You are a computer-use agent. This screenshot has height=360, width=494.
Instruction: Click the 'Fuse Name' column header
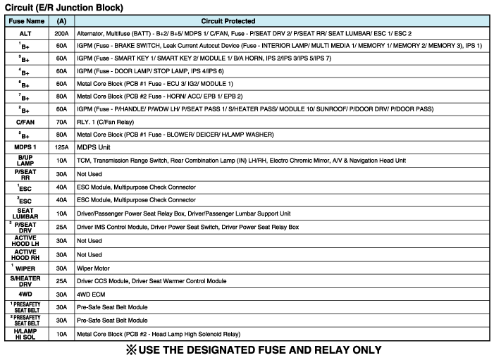(x=25, y=21)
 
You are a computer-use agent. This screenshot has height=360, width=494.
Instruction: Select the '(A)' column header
(x=61, y=21)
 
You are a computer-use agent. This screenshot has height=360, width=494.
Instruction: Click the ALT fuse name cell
(x=25, y=33)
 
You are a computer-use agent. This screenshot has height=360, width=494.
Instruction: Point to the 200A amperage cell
(x=61, y=33)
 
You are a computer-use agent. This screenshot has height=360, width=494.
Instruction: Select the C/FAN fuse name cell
(x=25, y=122)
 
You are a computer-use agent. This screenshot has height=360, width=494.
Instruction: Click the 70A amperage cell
(x=61, y=122)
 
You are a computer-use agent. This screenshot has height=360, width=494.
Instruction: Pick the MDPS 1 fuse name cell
(x=25, y=147)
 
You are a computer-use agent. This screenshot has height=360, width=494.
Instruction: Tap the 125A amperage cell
(x=61, y=147)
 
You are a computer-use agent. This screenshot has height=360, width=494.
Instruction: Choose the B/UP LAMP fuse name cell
(x=25, y=160)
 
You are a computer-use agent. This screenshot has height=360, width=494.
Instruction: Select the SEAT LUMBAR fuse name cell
(x=25, y=213)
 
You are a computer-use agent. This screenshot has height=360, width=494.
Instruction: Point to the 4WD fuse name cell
(x=25, y=294)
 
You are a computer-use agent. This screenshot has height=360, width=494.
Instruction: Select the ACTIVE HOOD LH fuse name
(x=25, y=240)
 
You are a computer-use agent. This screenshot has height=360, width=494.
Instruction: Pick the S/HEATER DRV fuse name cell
(x=25, y=280)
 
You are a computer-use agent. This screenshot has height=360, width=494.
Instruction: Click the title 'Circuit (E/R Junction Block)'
(x=63, y=8)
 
